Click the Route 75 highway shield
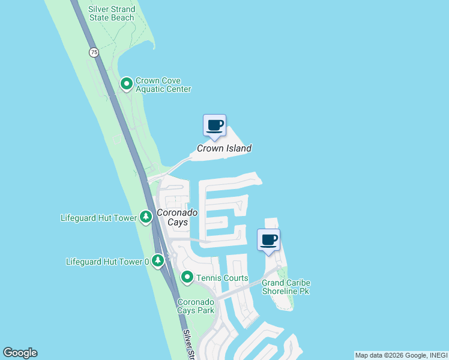coord(94,52)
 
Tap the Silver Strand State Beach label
coord(112,14)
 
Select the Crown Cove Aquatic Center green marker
coord(127,84)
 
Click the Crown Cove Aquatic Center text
coord(163,85)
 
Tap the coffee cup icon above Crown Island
coord(214,126)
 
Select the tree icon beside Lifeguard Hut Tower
coord(145,217)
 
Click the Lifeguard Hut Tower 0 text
coord(107,262)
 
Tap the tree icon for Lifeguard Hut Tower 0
coord(158,260)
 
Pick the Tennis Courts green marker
coord(187,277)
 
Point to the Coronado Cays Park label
coord(196,306)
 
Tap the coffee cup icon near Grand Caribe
coord(268,241)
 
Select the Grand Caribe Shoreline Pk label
coord(286,287)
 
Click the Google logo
coord(20,353)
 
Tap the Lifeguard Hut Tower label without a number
coord(98,218)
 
